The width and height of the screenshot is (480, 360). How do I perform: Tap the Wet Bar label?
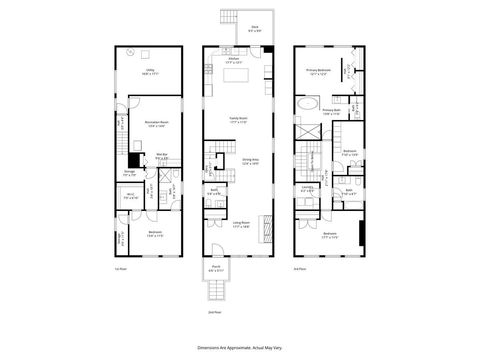tap(163, 154)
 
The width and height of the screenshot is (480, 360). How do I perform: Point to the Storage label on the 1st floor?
tap(129, 173)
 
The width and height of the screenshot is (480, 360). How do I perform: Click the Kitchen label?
tap(232, 61)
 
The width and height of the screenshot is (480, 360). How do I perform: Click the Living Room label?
tap(240, 224)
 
